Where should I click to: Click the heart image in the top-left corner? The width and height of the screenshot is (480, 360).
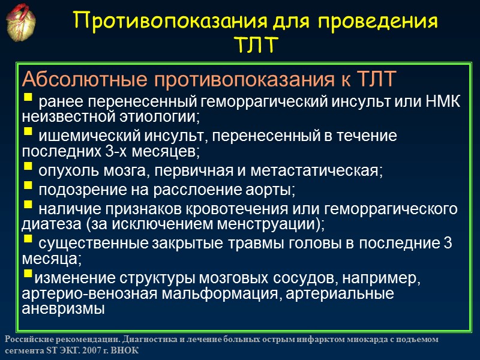pyautogui.click(x=22, y=22)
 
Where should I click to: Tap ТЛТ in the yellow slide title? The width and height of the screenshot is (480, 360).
pyautogui.click(x=256, y=46)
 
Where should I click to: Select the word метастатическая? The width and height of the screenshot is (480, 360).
pyautogui.click(x=325, y=171)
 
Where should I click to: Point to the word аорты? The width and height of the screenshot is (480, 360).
pyautogui.click(x=272, y=191)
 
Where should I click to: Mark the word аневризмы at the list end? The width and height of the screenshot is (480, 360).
pyautogui.click(x=62, y=309)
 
